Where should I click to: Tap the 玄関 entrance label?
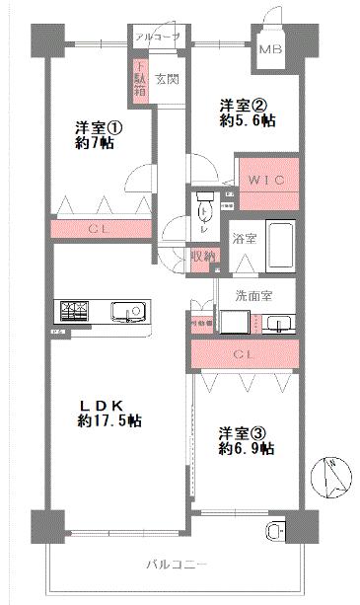click(166, 79)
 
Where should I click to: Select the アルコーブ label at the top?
click(159, 38)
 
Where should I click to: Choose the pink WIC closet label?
click(266, 182)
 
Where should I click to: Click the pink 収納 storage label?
click(204, 257)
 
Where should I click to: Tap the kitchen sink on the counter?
click(127, 313)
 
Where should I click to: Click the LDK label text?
click(102, 405)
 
